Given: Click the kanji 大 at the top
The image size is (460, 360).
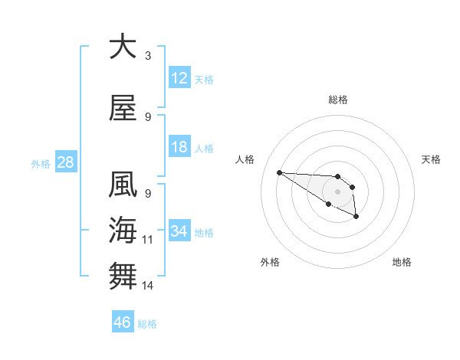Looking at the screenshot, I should tap(122, 47).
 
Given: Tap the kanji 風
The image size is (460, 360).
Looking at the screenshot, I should tap(122, 185).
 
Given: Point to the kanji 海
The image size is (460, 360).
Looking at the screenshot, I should tap(122, 230).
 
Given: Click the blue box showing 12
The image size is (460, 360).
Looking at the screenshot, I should tap(179, 78).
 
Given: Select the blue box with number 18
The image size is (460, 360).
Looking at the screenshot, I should tap(179, 147).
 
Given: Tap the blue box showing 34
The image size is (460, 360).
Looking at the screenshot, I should tap(179, 231).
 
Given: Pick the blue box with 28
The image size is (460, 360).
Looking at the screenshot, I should tap(65, 162).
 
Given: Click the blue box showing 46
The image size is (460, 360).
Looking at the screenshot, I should tap(123, 322).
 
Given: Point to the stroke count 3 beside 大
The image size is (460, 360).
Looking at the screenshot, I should tap(148, 56).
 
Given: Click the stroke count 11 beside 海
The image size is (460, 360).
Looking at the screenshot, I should tap(148, 240).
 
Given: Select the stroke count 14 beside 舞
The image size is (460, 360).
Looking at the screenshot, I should tap(148, 286).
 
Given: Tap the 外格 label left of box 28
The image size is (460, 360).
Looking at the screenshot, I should tap(41, 163).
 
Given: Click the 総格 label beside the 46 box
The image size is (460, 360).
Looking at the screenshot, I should tap(147, 324).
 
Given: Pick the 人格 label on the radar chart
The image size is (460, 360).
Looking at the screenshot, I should tap(245, 159).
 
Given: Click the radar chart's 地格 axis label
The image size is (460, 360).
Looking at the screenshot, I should tap(402, 262).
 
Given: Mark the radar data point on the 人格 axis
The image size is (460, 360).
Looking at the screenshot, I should tap(279, 172).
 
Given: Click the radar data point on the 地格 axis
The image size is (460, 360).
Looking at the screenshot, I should tap(356, 218).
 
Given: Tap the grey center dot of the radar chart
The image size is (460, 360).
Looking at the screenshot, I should tap(337, 191).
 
